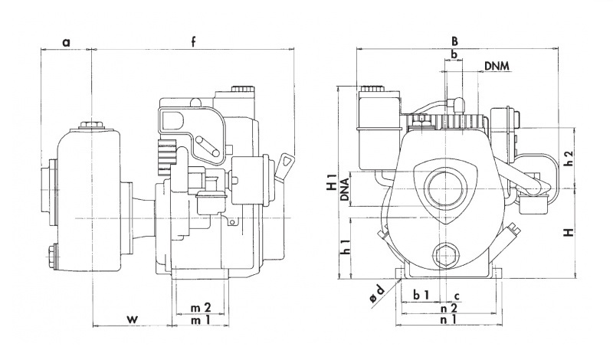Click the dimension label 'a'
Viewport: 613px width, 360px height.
(x=66, y=42)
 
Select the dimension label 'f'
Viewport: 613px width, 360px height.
(x=194, y=42)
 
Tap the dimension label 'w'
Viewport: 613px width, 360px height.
(x=132, y=317)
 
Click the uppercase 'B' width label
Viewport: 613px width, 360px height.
(x=454, y=41)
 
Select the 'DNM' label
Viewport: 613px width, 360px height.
(x=497, y=67)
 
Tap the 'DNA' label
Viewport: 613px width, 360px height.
(x=346, y=188)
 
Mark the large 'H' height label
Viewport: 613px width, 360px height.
(x=569, y=232)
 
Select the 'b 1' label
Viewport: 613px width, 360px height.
(x=421, y=295)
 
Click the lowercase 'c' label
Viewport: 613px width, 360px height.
(x=457, y=295)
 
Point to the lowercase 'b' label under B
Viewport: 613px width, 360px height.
(x=454, y=54)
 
